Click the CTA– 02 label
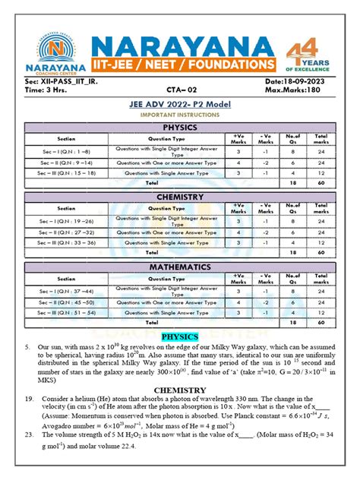180,89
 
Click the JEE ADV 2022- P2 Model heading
180,105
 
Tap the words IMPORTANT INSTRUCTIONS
180,115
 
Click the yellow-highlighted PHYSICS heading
180,336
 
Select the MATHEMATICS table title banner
180,267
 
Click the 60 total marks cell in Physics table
321,183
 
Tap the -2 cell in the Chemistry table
266,231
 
